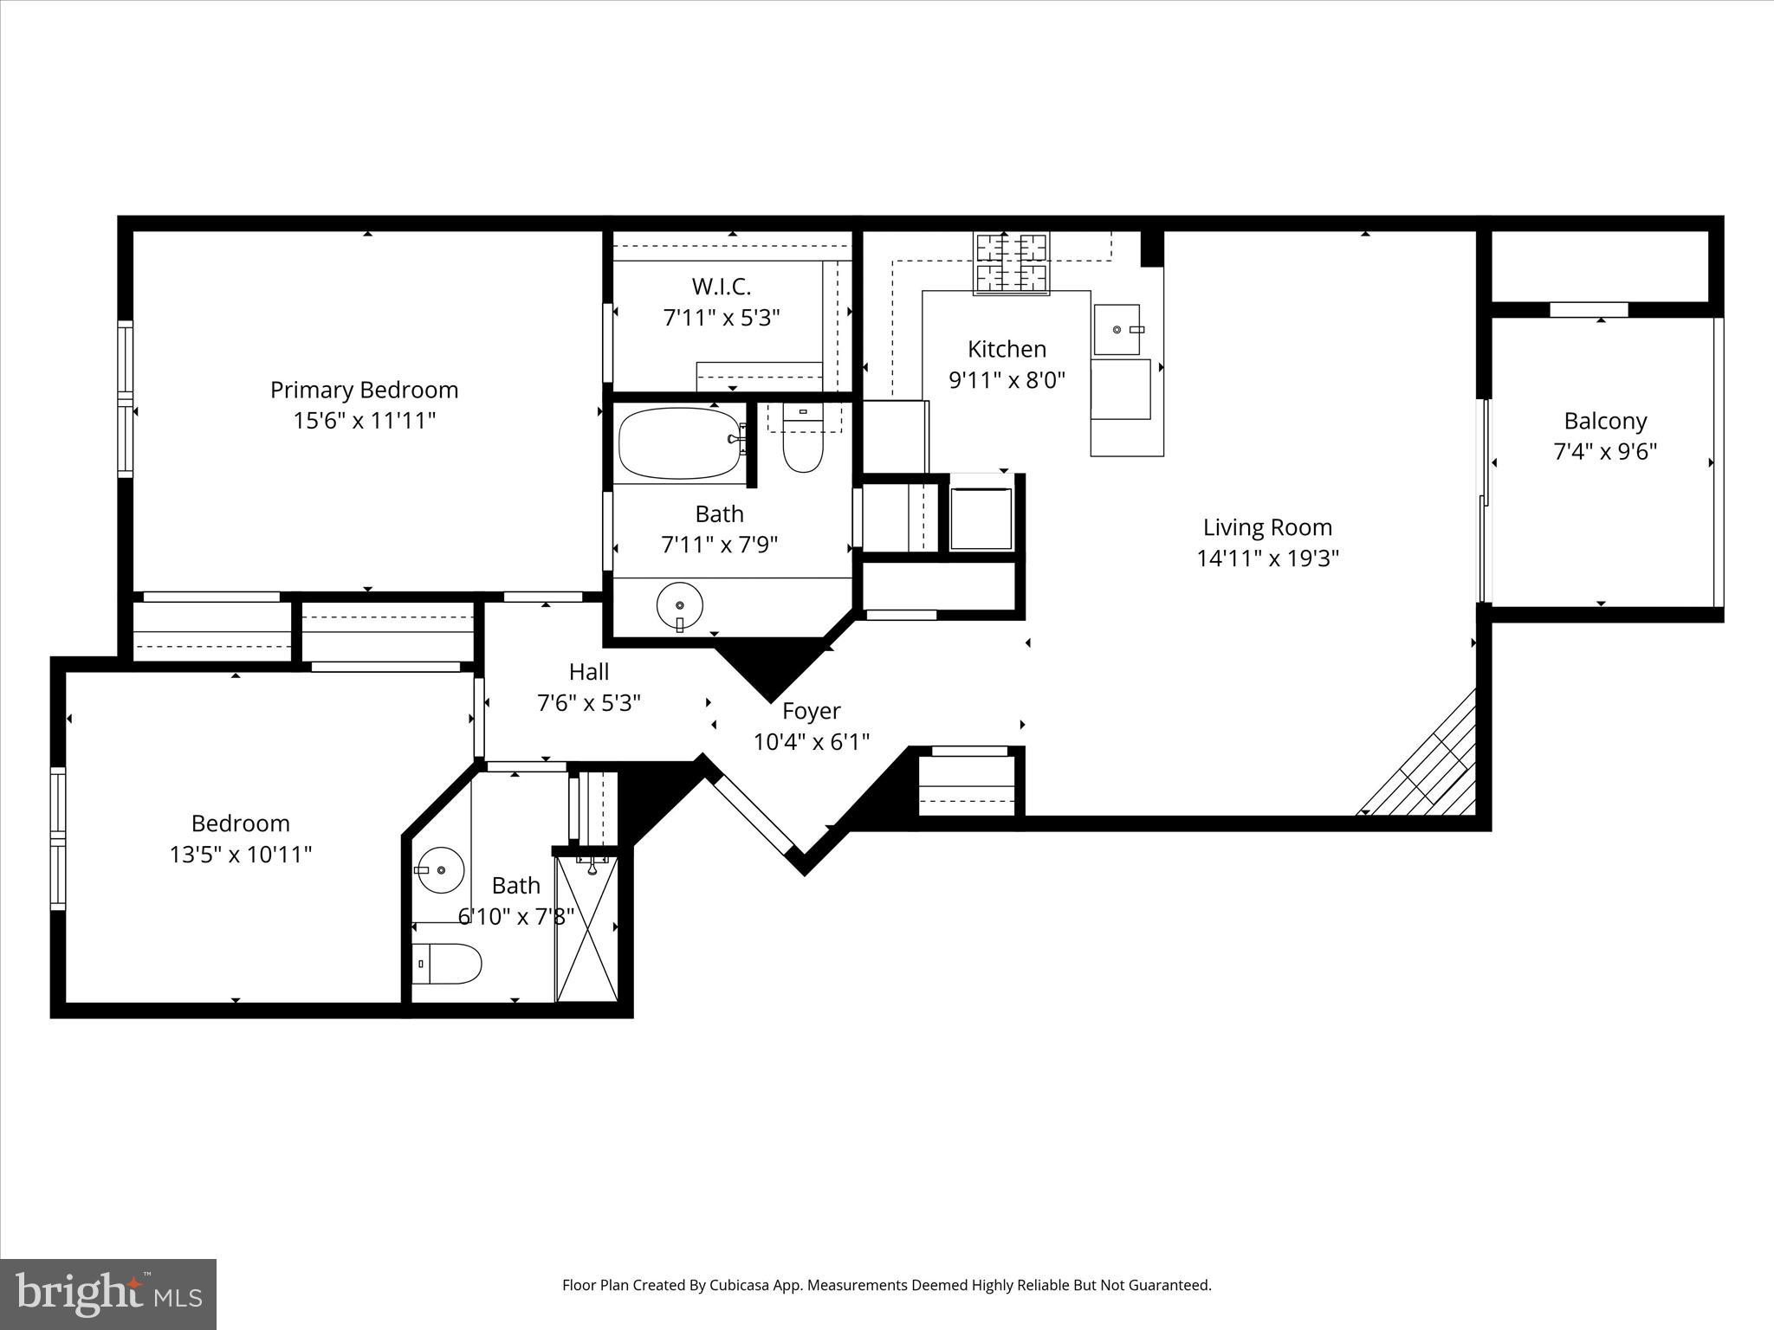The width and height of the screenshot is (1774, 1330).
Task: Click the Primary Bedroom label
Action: click(x=364, y=390)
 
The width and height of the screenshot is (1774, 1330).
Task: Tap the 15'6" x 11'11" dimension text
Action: click(x=364, y=421)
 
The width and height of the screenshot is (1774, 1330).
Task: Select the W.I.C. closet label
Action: click(x=721, y=287)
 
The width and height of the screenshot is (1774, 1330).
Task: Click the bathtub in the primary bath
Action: click(x=678, y=443)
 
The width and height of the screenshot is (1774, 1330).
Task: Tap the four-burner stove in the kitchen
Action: click(x=1011, y=262)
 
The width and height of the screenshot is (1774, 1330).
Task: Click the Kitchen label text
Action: click(x=1007, y=349)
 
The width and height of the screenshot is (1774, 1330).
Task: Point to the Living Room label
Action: click(x=1267, y=527)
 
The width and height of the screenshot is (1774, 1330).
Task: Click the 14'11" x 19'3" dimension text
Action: click(x=1267, y=558)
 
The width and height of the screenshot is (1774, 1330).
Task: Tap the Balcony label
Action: click(x=1605, y=421)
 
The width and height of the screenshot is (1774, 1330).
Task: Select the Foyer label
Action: click(x=811, y=711)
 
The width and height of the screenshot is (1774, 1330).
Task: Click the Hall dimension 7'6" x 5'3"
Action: click(x=589, y=702)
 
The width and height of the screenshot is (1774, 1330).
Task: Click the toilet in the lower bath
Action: click(x=447, y=963)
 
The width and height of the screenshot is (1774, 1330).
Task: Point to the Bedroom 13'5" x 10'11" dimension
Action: click(x=240, y=855)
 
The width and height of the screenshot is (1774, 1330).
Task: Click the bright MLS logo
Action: click(x=108, y=1294)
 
